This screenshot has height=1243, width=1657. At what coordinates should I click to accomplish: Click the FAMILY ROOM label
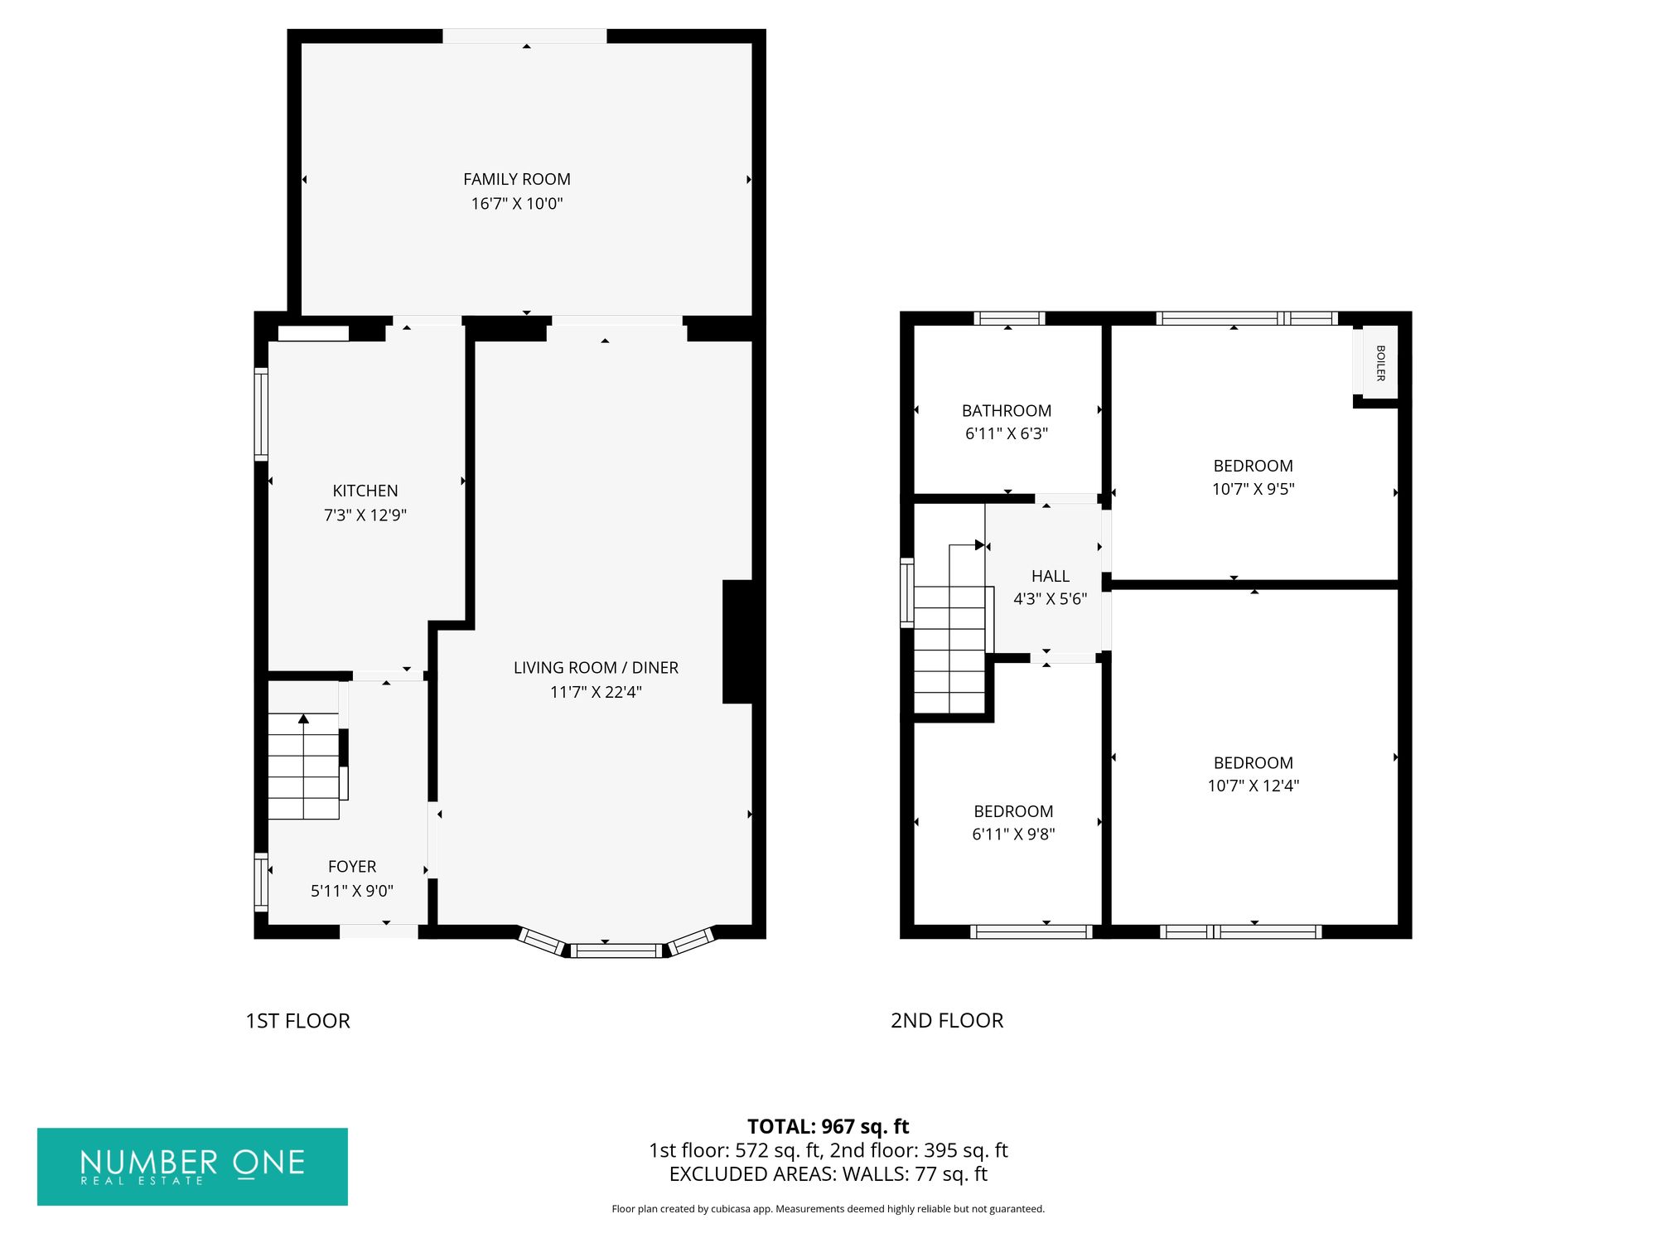[517, 179]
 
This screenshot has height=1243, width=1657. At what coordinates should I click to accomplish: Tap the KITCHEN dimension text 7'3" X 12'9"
[365, 515]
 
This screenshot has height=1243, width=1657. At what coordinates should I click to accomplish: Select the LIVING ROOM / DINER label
[596, 668]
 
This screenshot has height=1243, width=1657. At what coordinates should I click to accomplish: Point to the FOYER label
[352, 867]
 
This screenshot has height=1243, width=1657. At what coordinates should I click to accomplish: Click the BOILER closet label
[1380, 363]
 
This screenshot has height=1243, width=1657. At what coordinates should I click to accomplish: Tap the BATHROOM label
[1007, 411]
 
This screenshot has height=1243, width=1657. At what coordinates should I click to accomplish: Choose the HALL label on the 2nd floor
[1051, 576]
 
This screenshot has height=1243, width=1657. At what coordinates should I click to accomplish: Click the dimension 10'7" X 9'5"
[1254, 489]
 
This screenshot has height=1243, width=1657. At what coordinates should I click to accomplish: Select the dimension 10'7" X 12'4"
[1254, 786]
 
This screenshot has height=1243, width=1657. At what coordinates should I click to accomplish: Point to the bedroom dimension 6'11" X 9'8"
[1013, 834]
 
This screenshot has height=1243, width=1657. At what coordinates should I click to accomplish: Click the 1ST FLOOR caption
[298, 1021]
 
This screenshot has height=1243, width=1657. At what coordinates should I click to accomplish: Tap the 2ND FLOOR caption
[947, 1021]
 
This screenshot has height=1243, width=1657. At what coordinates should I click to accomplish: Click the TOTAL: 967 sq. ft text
[828, 1127]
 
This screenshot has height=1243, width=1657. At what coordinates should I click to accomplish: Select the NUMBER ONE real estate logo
[192, 1167]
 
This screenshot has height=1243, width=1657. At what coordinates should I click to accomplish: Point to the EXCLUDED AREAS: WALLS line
[828, 1174]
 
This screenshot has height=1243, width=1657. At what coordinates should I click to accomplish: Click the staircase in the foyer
[304, 767]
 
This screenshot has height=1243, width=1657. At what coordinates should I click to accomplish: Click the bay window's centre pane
[616, 950]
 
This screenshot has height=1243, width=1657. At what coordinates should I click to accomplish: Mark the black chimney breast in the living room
[737, 642]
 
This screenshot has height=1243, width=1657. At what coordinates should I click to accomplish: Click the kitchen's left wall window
[261, 414]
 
